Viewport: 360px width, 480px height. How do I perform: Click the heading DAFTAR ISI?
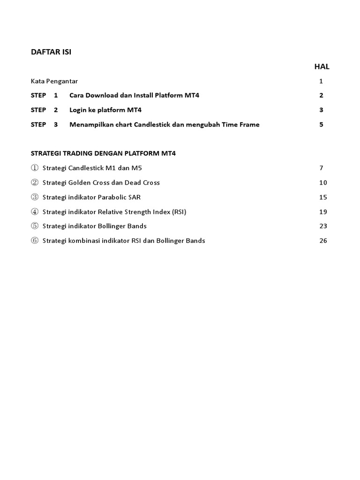click(51, 52)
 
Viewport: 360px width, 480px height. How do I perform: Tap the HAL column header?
click(322, 67)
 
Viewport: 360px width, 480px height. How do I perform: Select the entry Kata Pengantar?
click(54, 81)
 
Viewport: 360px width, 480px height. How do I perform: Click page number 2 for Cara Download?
click(321, 96)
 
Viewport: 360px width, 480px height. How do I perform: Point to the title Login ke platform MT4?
click(105, 110)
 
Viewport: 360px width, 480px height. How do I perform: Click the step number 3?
click(56, 125)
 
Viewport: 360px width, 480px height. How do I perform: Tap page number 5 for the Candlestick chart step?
click(321, 125)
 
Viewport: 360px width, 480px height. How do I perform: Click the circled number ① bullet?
click(34, 168)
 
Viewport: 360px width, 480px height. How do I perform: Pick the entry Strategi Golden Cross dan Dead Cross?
click(101, 182)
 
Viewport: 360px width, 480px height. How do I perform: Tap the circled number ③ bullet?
click(34, 197)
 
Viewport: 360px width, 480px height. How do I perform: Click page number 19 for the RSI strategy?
click(323, 212)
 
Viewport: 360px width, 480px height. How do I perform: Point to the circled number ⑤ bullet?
click(34, 226)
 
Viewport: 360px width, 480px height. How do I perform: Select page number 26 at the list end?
click(323, 241)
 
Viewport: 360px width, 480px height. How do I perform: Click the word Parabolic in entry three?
click(113, 197)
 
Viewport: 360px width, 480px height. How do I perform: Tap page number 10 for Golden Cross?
click(323, 182)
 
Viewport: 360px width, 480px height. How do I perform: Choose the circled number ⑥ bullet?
click(34, 241)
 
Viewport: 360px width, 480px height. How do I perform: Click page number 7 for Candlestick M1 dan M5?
click(321, 168)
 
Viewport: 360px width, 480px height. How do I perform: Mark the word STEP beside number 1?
click(38, 96)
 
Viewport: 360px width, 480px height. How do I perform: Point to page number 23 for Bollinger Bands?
click(323, 226)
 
